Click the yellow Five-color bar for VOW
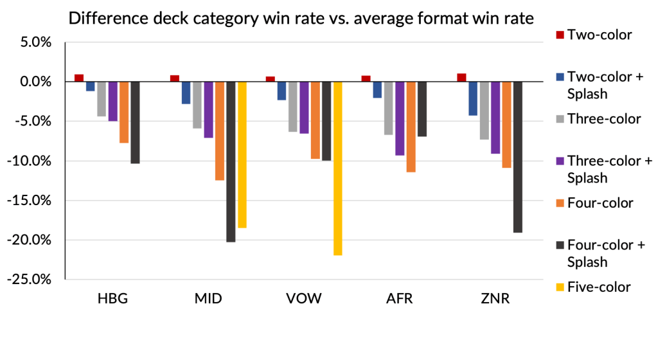(x=338, y=168)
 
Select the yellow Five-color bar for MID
(x=242, y=155)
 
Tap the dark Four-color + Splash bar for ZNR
(x=518, y=157)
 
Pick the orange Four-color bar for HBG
(x=124, y=112)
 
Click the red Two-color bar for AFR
(x=366, y=78)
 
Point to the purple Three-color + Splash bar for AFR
(x=400, y=118)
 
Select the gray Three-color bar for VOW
(x=293, y=107)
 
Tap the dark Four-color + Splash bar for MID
(x=231, y=161)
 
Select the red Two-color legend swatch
(x=558, y=35)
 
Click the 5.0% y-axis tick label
(x=37, y=42)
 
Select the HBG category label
(x=113, y=300)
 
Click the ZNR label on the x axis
(x=495, y=300)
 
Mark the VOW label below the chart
(x=304, y=300)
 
